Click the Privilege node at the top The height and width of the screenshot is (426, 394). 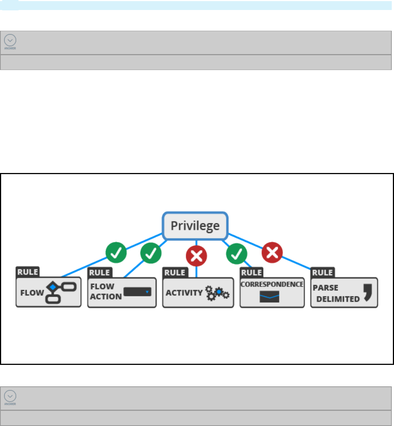(x=195, y=226)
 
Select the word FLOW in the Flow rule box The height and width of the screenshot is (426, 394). (x=32, y=293)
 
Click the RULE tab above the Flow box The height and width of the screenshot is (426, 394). (x=28, y=272)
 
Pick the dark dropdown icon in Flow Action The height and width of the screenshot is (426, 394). (x=138, y=292)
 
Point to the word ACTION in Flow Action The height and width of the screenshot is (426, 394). (x=106, y=297)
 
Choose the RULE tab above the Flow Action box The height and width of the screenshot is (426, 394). (x=100, y=273)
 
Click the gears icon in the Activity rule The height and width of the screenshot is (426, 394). (x=217, y=293)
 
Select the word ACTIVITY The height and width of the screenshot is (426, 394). (x=184, y=293)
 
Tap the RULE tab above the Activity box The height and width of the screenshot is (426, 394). (x=175, y=273)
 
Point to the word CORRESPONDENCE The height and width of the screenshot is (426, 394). (x=272, y=284)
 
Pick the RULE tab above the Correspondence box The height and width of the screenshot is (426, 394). (x=252, y=273)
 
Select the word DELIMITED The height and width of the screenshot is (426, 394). (x=338, y=299)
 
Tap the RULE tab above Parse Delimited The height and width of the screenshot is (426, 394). (x=323, y=273)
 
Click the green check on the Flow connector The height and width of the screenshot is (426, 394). (x=116, y=253)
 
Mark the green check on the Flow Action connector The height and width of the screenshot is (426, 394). (x=151, y=253)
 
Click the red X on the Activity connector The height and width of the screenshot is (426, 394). (x=196, y=256)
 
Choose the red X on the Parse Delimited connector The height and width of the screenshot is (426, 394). (x=272, y=253)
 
